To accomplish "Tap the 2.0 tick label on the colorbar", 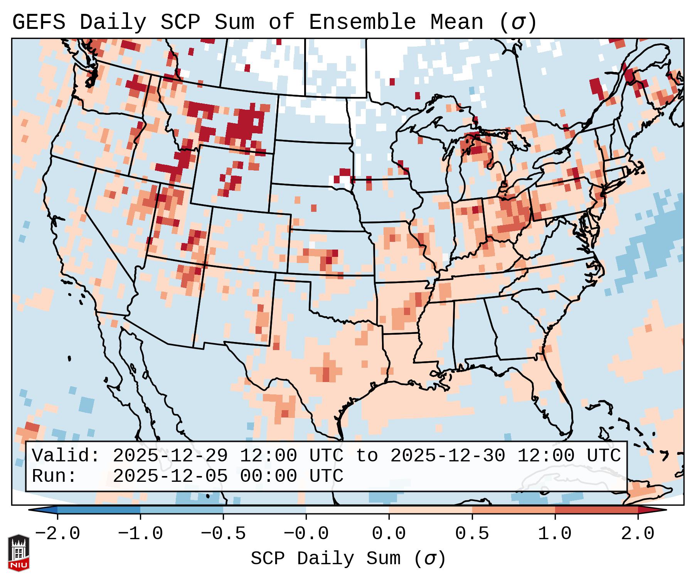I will pos(638,534).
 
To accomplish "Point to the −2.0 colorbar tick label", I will pos(57,534).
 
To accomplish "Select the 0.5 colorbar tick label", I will pos(472,534).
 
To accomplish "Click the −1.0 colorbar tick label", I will pos(140,534).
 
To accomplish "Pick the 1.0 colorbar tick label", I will pos(555,534).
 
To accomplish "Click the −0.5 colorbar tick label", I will pos(223,534).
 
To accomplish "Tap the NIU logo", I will pos(19,552).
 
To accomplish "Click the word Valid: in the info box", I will pos(66,456).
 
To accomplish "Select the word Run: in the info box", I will pos(54,476).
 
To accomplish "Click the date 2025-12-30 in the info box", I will pos(448,456).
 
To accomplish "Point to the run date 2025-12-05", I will pos(170,476).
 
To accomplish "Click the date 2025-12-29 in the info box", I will pos(170,456).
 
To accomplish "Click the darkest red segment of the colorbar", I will pos(596,510).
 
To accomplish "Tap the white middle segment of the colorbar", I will pos(347,510).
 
